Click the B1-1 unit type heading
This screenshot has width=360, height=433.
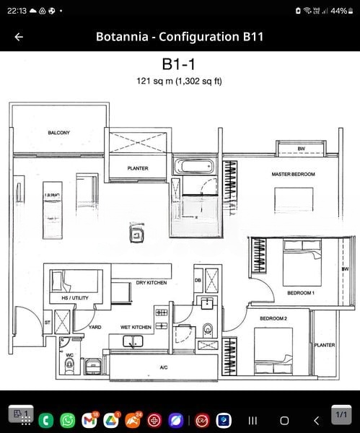[x=179, y=65]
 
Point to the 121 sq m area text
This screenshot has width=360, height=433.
[x=179, y=81]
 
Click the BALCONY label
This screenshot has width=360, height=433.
[x=58, y=133]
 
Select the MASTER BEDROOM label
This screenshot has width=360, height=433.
[x=293, y=175]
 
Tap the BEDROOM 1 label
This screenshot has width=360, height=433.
[x=300, y=293]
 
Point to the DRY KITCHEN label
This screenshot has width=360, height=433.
[x=151, y=283]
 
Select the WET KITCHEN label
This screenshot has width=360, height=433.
[x=136, y=327]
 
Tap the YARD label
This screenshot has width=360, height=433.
[x=95, y=327]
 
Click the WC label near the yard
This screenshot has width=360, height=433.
[x=69, y=354]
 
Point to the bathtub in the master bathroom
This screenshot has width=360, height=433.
[x=196, y=167]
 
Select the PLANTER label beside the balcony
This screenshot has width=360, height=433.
[x=138, y=168]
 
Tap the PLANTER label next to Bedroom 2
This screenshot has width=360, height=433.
[x=324, y=345]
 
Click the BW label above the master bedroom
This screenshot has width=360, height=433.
[x=301, y=149]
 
